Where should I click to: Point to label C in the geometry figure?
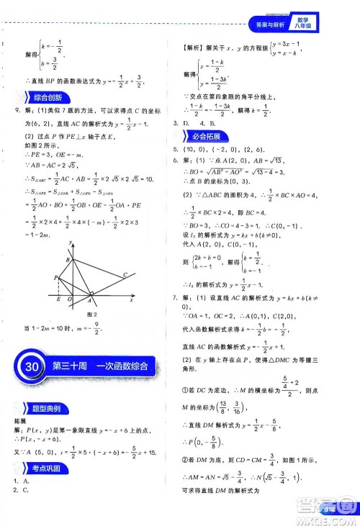(125, 274)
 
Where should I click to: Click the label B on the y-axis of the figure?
(68, 260)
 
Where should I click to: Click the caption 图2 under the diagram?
(91, 315)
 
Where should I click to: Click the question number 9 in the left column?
(9, 110)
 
